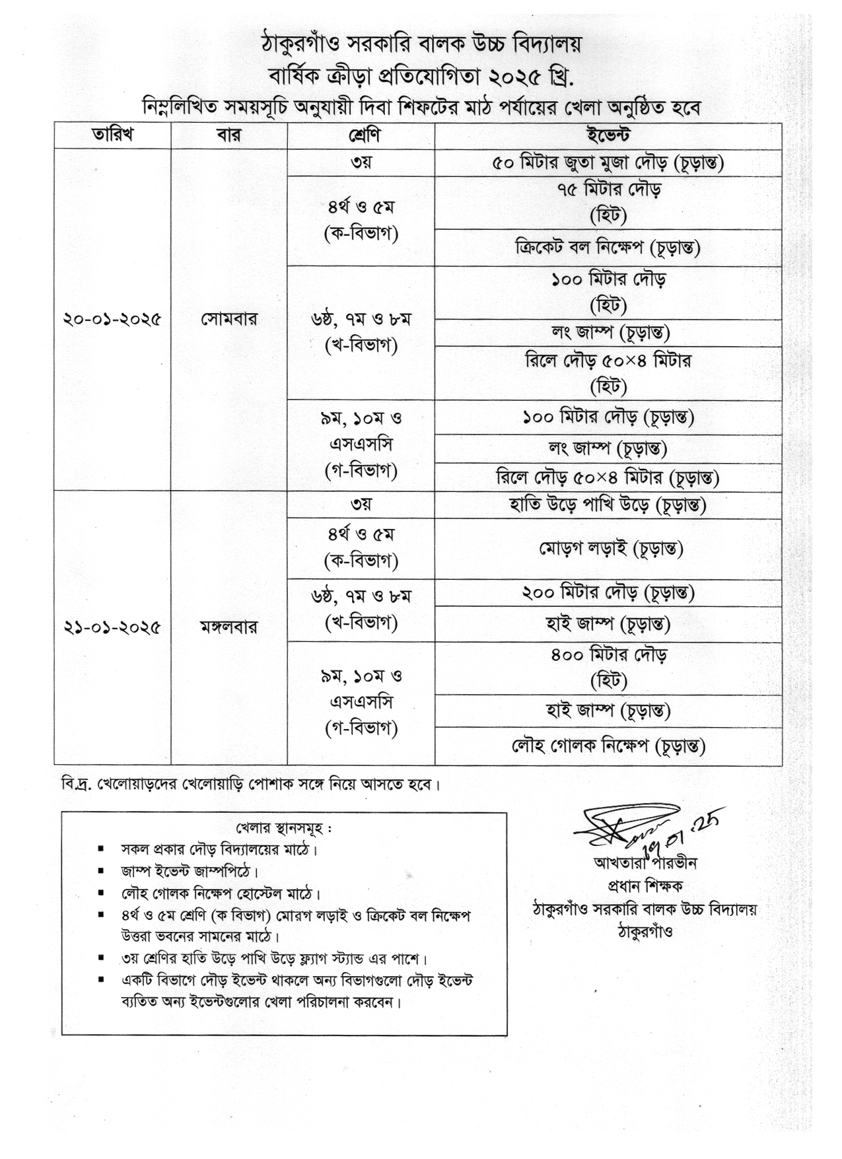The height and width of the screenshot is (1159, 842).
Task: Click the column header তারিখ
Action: point(112,135)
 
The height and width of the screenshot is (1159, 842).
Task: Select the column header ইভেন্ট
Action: point(608,135)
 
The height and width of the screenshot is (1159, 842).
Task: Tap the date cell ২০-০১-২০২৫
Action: point(112,320)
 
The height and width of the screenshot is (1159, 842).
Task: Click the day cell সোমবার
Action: point(229,320)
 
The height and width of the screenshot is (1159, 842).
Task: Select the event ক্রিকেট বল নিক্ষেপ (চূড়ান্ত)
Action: point(608,248)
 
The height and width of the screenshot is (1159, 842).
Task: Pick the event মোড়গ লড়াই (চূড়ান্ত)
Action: point(608,548)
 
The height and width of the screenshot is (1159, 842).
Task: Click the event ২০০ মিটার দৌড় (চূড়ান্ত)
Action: point(608,593)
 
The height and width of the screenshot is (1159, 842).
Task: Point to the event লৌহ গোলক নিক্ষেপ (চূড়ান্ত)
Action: point(608,746)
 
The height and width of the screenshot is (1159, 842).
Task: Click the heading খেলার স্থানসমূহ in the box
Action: point(284,828)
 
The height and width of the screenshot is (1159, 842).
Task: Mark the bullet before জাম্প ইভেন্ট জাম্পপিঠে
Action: point(101,871)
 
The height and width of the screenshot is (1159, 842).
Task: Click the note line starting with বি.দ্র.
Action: point(251,785)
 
